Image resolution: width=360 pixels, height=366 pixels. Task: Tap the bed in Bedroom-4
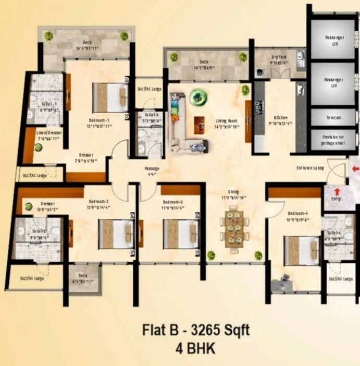(x=302, y=251)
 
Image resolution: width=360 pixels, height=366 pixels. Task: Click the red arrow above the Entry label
(x=337, y=192)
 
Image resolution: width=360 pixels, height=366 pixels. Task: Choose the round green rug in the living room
(x=197, y=95)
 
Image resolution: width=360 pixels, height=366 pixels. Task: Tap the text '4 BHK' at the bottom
(x=195, y=348)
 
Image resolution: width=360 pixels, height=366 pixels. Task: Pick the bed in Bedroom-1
(x=110, y=97)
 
